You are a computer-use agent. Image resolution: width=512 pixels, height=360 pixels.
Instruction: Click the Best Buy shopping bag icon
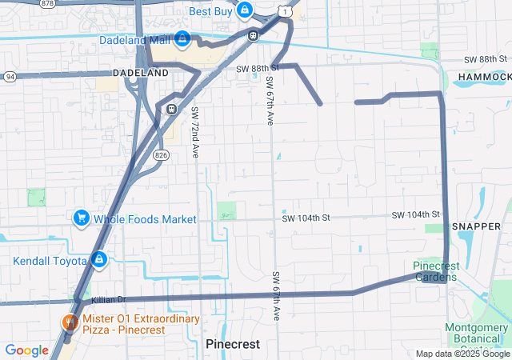(245, 11)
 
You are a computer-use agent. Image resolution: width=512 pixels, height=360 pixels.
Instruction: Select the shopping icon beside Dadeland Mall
(183, 38)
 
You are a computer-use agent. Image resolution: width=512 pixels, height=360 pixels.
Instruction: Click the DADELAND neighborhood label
(141, 73)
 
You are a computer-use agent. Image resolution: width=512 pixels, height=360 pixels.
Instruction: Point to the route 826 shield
(161, 156)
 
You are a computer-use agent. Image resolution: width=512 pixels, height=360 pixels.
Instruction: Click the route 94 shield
(9, 77)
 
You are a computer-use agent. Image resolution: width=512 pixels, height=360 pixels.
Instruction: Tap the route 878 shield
(47, 4)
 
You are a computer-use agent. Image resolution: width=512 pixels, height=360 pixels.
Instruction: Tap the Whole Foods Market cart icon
(80, 218)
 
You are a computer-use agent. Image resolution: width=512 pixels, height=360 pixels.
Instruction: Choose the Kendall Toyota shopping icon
(99, 260)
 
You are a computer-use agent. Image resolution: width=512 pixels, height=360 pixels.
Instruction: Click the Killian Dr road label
(110, 300)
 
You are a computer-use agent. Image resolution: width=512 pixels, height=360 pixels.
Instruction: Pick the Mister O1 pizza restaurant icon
(70, 323)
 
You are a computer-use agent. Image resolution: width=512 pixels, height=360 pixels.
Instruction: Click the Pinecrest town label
(233, 343)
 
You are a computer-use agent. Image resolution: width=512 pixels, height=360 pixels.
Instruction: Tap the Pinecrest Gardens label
(435, 272)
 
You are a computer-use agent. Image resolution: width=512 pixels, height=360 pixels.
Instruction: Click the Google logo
(26, 350)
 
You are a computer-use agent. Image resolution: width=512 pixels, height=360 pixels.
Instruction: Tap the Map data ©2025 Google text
(463, 354)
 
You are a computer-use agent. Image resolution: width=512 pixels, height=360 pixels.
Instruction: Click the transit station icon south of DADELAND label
(171, 109)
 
